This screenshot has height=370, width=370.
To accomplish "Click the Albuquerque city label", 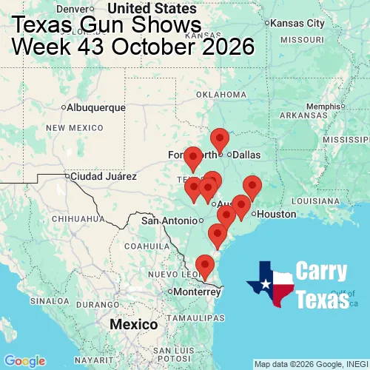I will [x=96, y=107].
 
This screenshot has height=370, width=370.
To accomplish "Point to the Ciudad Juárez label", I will [x=103, y=177].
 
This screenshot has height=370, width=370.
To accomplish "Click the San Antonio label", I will [x=171, y=221].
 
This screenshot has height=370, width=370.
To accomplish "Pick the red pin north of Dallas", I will [x=220, y=138].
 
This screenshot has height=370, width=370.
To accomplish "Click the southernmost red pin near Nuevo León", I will [x=204, y=264].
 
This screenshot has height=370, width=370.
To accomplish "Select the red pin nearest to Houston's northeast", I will [x=252, y=187].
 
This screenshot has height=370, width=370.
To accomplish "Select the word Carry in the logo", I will [x=322, y=272].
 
